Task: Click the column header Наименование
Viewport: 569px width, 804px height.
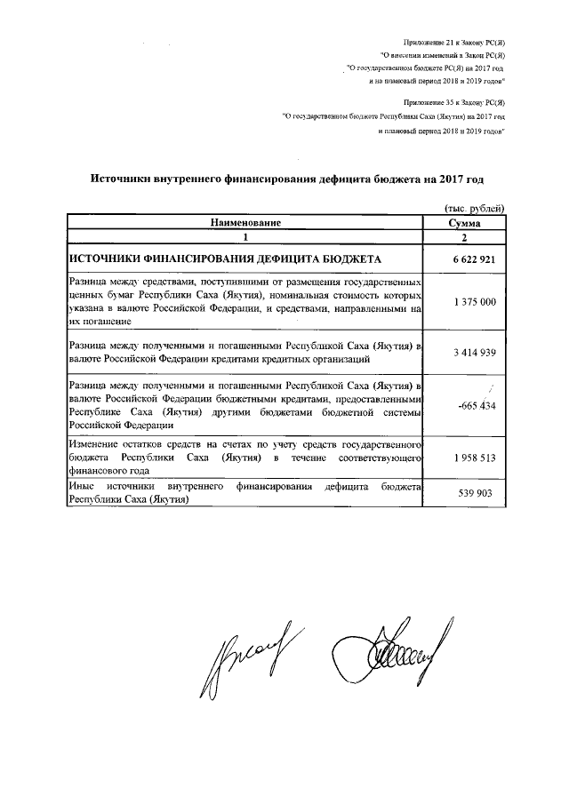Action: click(245, 223)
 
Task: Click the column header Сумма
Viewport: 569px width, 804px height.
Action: click(466, 223)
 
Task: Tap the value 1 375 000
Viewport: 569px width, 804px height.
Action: click(467, 302)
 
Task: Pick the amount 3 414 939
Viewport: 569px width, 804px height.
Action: click(467, 352)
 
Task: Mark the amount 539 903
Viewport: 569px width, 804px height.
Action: click(469, 494)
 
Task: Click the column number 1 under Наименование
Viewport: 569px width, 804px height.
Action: click(245, 238)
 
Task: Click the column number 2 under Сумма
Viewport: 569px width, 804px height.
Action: click(466, 238)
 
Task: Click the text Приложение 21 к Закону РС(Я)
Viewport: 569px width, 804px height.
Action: click(454, 43)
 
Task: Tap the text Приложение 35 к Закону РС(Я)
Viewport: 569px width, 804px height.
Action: click(454, 103)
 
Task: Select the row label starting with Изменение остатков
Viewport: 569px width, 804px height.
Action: click(244, 458)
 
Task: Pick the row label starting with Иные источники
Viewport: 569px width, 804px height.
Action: click(244, 494)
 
